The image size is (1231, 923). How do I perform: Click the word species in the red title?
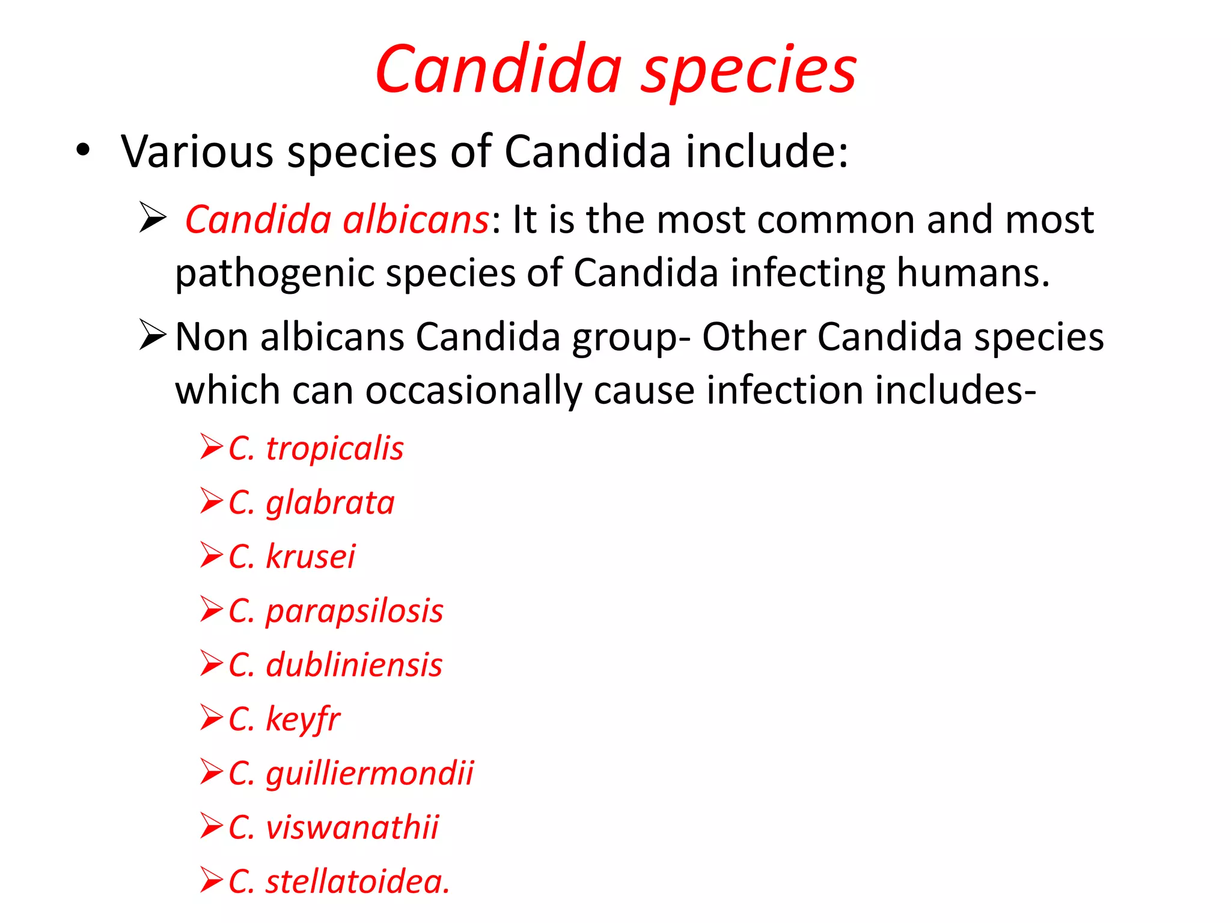749,71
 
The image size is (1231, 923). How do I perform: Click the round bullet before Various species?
83,150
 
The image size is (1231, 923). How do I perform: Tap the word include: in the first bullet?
767,151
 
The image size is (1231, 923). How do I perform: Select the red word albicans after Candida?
416,219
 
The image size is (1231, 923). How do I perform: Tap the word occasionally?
474,391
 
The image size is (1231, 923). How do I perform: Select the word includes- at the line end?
955,391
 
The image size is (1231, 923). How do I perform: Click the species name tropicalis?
334,449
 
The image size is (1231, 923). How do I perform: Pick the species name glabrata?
330,503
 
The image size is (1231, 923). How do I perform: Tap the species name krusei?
310,556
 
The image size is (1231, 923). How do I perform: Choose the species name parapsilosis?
354,611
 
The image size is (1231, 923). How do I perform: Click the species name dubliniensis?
353,665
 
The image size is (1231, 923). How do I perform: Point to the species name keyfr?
303,719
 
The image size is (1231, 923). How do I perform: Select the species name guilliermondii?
370,773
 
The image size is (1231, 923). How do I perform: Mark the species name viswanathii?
352,827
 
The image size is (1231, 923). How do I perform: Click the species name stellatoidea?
357,882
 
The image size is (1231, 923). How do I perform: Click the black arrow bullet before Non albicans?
152,335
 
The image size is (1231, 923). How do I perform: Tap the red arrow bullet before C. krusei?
212,555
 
